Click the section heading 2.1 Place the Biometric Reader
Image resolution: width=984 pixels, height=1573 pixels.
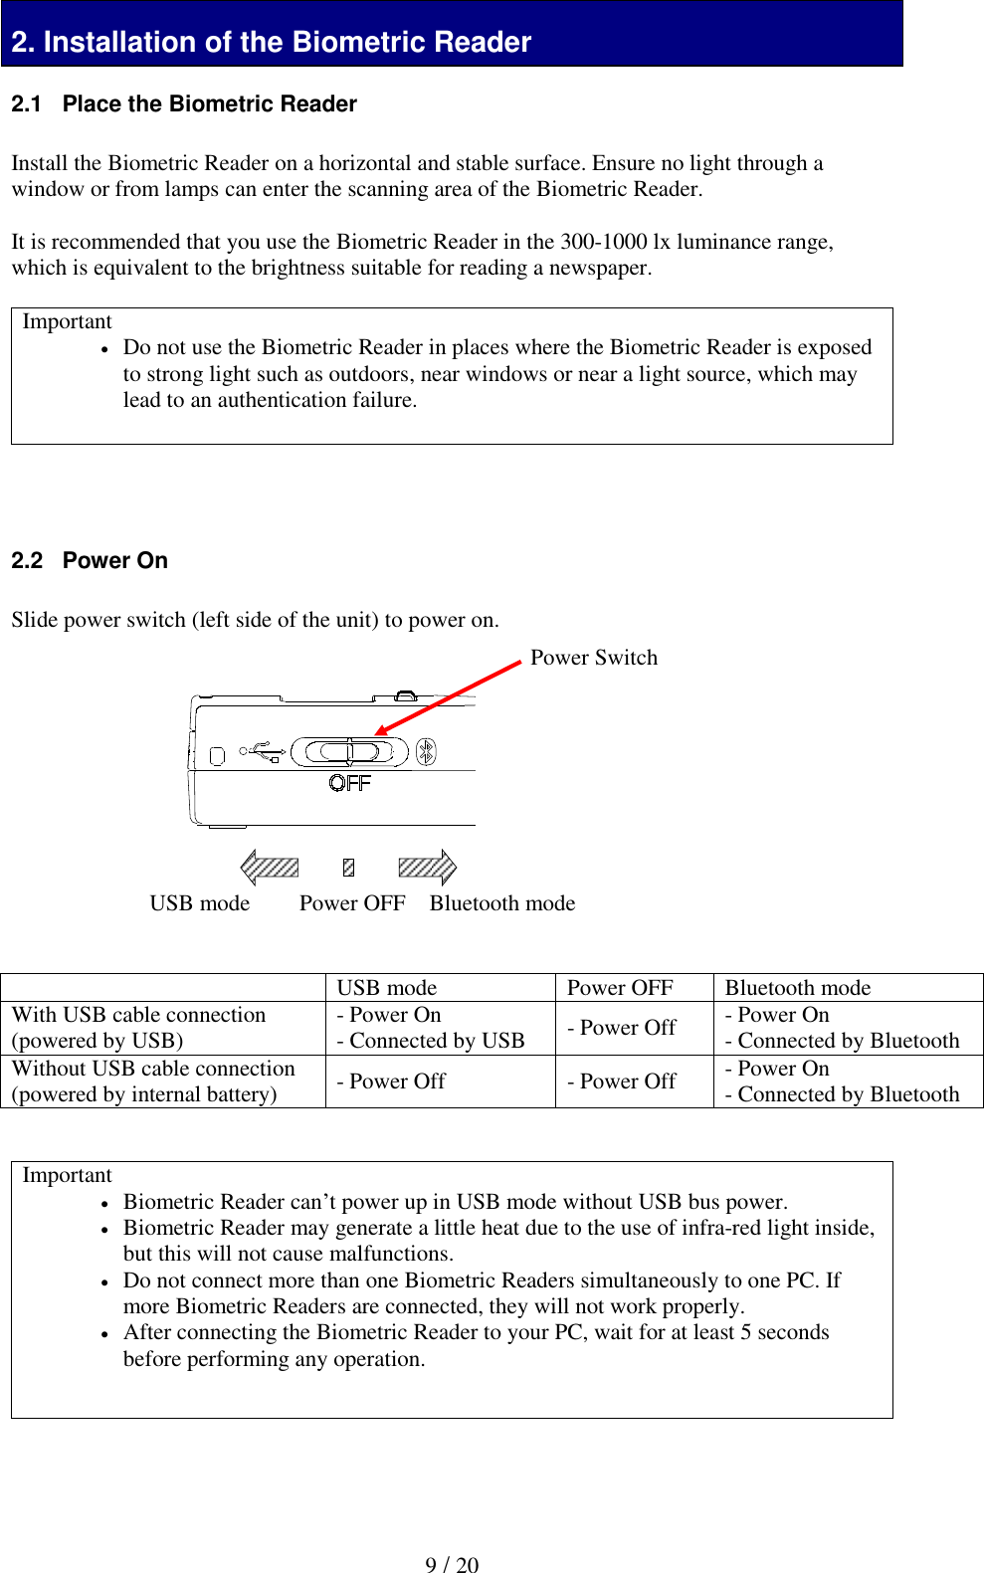(x=183, y=104)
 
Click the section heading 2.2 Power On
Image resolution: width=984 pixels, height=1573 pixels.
(x=90, y=560)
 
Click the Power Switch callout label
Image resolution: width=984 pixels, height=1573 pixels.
(x=594, y=658)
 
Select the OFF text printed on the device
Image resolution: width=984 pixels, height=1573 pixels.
(x=349, y=784)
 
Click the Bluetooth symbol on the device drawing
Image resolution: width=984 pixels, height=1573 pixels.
(x=426, y=751)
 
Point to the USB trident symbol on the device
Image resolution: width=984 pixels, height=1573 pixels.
(x=267, y=752)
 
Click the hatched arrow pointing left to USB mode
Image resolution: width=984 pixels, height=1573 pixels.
(x=270, y=868)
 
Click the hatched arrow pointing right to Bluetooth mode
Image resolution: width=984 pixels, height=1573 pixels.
(x=427, y=868)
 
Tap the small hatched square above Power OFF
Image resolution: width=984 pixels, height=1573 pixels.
(x=348, y=868)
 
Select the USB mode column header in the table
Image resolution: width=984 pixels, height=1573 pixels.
(x=387, y=988)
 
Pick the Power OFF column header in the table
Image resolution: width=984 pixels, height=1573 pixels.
(x=620, y=988)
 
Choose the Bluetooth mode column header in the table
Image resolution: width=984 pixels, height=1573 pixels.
(x=798, y=988)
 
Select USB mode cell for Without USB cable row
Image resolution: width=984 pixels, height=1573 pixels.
(x=391, y=1081)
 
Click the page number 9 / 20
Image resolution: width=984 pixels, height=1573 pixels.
(x=452, y=1565)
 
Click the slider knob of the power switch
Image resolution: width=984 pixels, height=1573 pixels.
(x=349, y=752)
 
